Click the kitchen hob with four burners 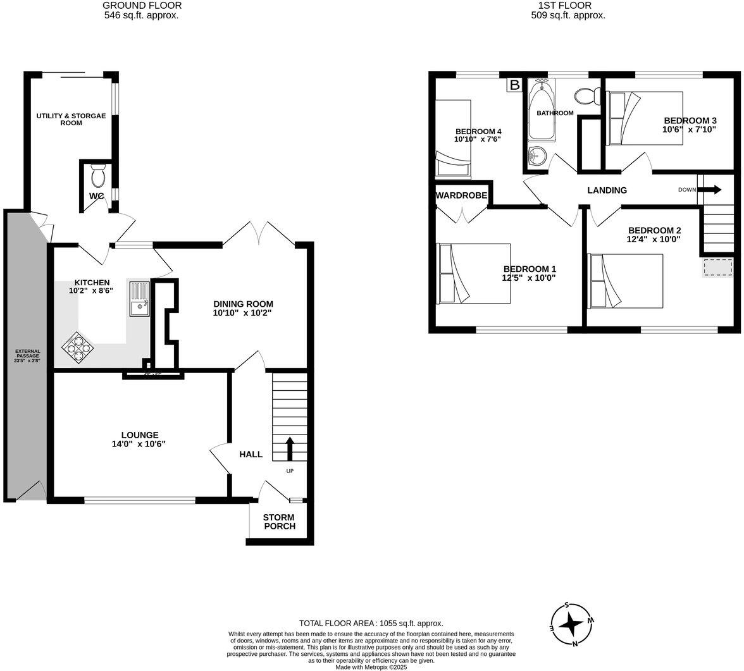(x=75, y=348)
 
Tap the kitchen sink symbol (x=139, y=299)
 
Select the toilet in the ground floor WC (x=98, y=175)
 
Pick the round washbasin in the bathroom (x=536, y=155)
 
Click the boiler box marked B (x=514, y=85)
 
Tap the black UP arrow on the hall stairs (x=290, y=448)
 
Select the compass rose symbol (x=572, y=625)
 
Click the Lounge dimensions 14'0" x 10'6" (x=139, y=444)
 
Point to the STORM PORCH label (x=279, y=522)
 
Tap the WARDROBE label (x=461, y=196)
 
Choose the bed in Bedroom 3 (x=644, y=118)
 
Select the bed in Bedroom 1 (x=473, y=273)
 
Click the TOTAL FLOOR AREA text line (x=371, y=623)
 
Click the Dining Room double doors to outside (x=258, y=234)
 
